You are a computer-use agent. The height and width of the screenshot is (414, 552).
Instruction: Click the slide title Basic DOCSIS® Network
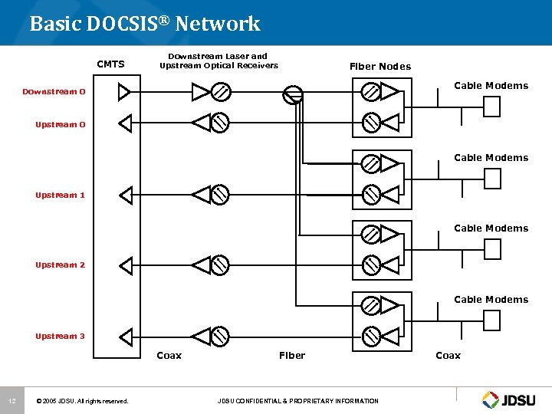point(145,24)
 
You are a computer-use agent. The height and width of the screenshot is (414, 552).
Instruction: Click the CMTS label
point(110,64)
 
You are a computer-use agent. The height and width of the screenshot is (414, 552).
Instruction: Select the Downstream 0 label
point(54,92)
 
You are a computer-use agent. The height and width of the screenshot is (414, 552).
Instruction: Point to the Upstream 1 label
point(61,195)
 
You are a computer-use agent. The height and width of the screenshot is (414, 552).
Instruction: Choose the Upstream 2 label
point(61,265)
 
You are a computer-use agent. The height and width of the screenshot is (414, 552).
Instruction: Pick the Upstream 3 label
point(61,336)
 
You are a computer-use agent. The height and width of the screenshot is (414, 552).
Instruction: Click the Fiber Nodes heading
point(379,67)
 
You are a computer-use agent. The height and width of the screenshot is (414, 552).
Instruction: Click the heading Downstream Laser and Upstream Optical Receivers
point(219,61)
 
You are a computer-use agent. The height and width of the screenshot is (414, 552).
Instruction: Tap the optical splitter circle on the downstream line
point(293,94)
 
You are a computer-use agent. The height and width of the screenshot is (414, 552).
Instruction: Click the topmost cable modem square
point(491,107)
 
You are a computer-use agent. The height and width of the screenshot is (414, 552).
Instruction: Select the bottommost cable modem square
point(491,320)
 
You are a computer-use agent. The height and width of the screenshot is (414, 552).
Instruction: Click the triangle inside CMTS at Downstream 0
point(124,92)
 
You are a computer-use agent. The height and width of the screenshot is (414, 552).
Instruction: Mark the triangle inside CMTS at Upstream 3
point(125,336)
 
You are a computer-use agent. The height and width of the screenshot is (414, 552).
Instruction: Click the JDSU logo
point(511,399)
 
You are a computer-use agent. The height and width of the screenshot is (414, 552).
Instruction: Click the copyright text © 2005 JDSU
point(82,401)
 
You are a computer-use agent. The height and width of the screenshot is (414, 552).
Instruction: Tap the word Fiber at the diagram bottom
point(292,355)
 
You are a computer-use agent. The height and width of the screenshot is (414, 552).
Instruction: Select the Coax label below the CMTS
point(169,355)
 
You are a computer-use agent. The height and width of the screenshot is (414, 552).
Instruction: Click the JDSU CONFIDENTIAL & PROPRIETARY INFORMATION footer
point(297,401)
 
